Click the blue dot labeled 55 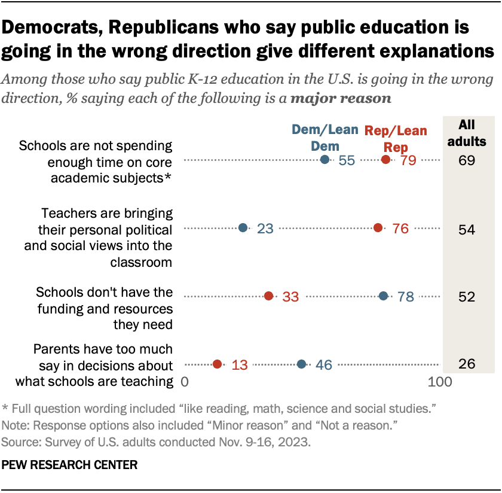tap(325, 160)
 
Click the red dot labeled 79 tap(386, 160)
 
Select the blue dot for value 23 tap(243, 228)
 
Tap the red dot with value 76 tap(378, 228)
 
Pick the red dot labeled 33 tap(269, 296)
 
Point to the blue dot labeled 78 tap(384, 296)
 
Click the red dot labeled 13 tap(218, 364)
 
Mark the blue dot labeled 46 tap(302, 364)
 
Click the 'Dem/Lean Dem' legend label tap(325, 138)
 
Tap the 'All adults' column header tap(472, 133)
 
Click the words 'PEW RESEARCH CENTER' tap(69, 464)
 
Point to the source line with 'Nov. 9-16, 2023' tap(156, 443)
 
